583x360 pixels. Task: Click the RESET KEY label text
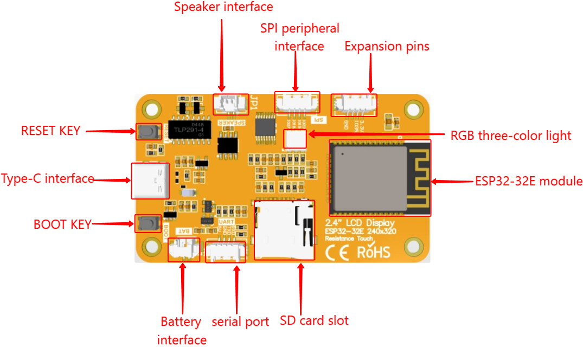pos(50,131)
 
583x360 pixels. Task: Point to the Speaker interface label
pos(223,8)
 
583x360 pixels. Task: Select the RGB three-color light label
pos(510,136)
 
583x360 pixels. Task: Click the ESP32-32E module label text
pos(528,181)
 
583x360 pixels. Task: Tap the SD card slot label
pos(314,320)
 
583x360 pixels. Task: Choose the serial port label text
pos(240,322)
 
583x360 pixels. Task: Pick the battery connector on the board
pos(183,249)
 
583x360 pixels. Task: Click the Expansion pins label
pos(387,47)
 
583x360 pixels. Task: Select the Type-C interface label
pos(48,179)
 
